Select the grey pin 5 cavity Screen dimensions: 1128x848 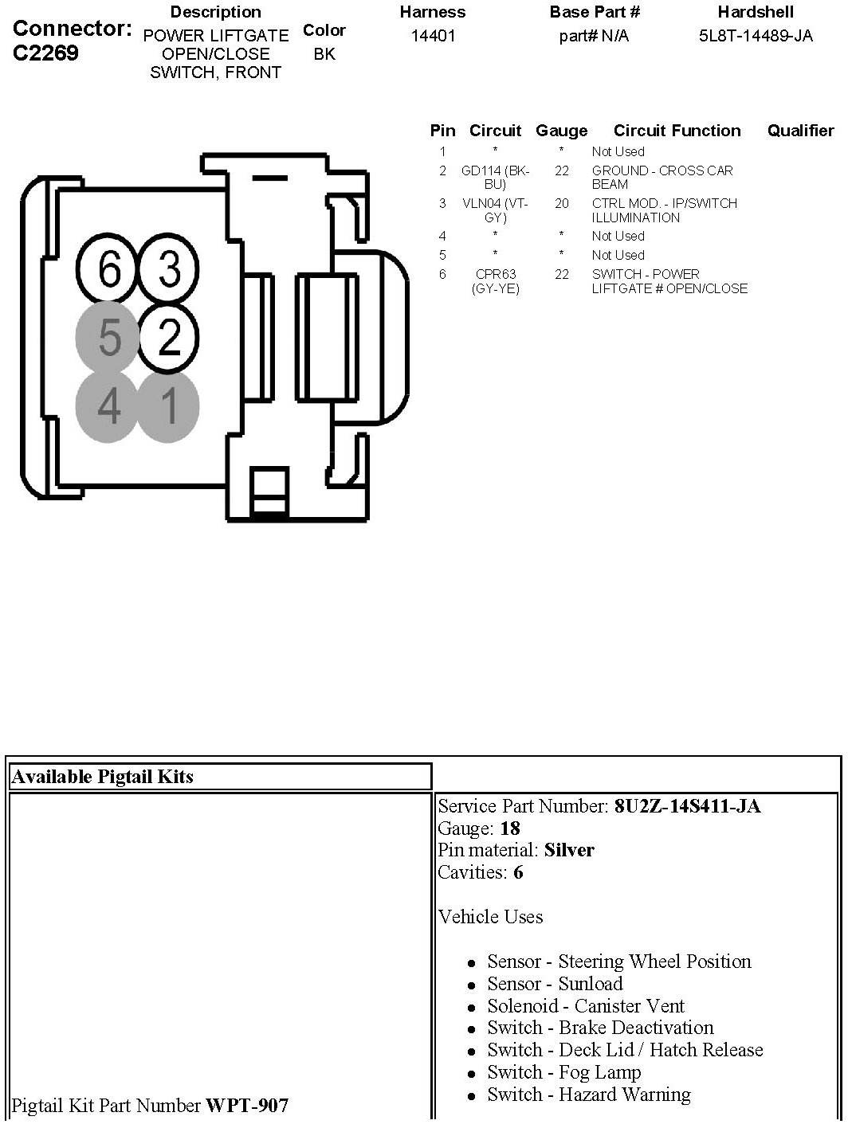pos(108,338)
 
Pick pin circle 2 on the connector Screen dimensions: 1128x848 pos(169,338)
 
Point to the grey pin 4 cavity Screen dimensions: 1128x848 pos(108,406)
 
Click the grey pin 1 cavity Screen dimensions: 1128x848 pos(169,406)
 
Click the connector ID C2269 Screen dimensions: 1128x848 pos(46,54)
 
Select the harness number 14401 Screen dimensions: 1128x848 pos(433,36)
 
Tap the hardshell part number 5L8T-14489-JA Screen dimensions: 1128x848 pos(756,36)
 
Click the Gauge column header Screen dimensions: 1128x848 pos(561,131)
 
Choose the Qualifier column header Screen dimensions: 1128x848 pos(800,131)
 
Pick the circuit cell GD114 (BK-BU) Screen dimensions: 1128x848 pos(495,177)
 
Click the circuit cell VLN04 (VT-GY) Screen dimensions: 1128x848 pos(495,210)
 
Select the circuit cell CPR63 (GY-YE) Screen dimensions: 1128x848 pos(495,281)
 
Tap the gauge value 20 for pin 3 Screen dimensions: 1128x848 pos(562,204)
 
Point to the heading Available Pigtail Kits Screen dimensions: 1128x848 pos(103,777)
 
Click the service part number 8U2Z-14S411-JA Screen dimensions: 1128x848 pos(687,806)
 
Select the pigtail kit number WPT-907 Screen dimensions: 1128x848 pos(247,1106)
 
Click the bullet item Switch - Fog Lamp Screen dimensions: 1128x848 pos(563,1072)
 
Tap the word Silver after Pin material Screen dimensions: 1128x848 pos(569,850)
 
